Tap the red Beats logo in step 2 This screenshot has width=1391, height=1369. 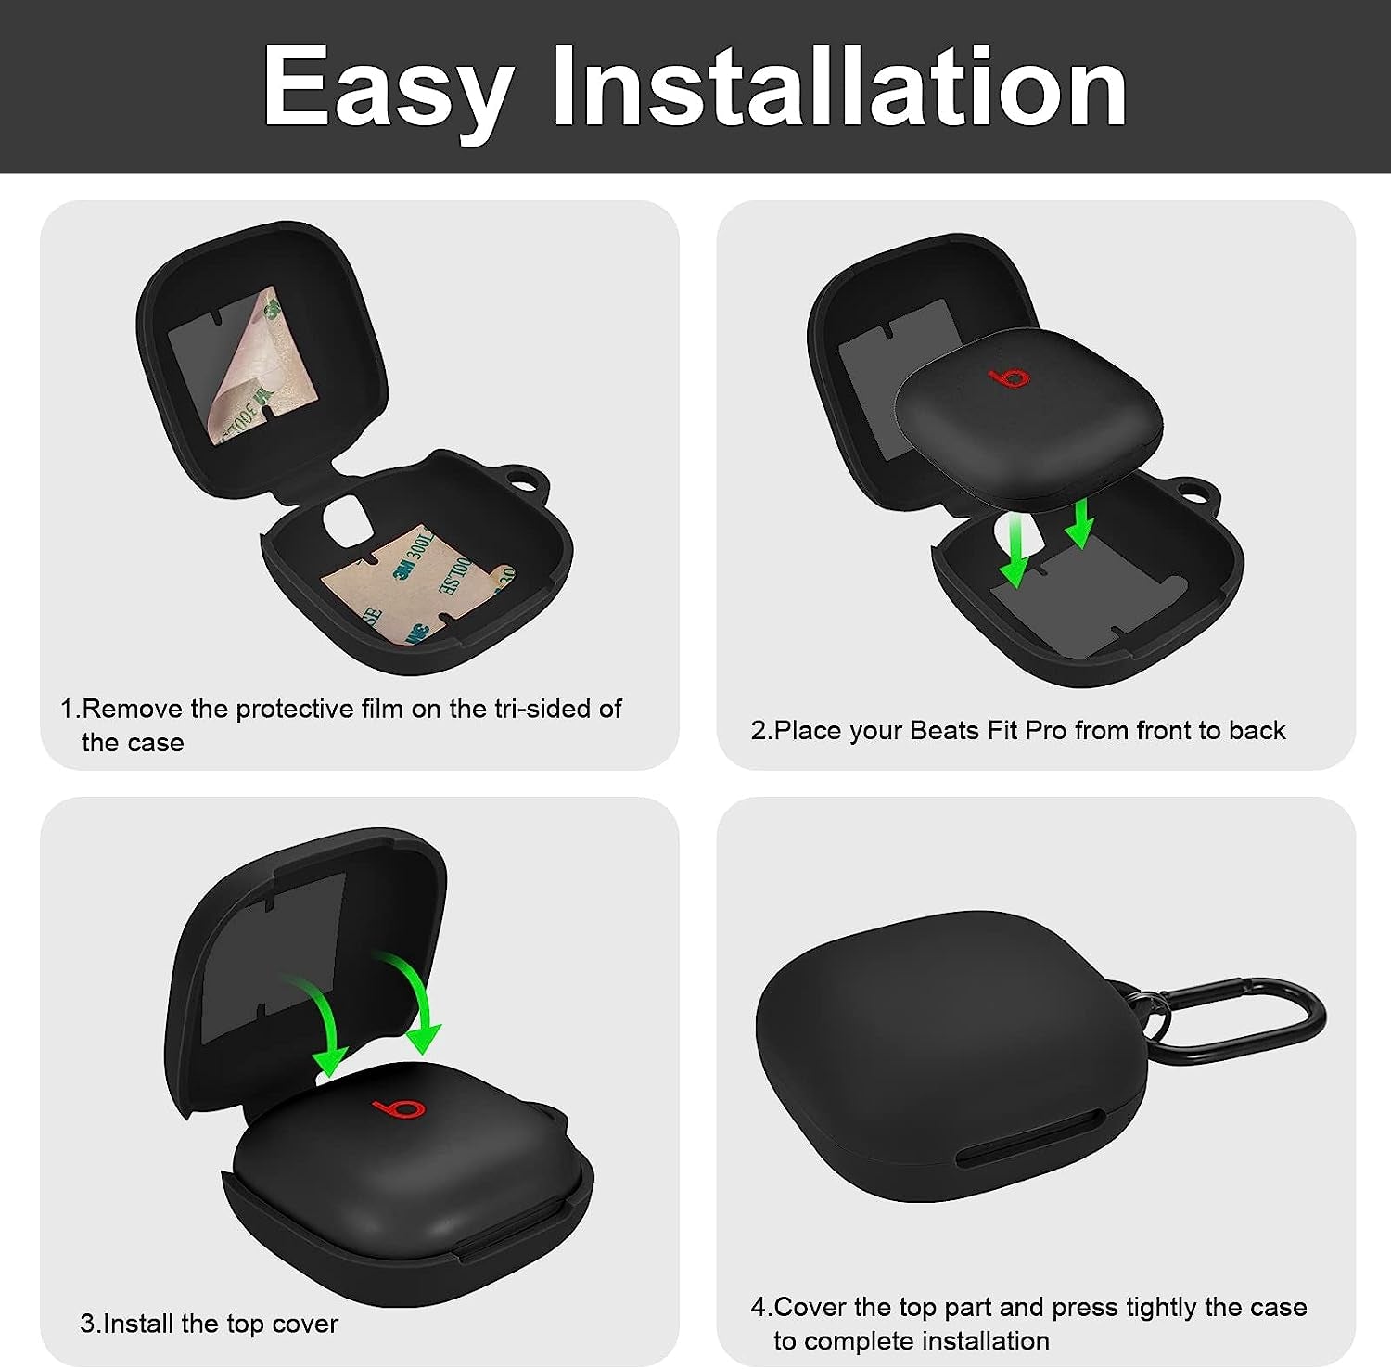pos(1009,378)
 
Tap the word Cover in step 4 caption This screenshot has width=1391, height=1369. pos(809,1307)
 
